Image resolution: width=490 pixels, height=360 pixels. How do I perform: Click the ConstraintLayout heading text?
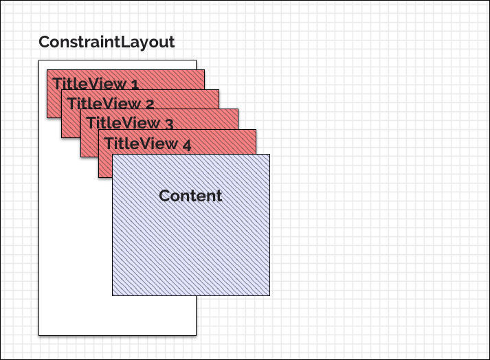(107, 43)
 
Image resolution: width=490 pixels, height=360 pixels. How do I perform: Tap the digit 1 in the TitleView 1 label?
(135, 85)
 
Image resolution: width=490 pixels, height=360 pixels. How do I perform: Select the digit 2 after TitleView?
(149, 104)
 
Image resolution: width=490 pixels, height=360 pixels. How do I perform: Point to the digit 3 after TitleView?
(168, 124)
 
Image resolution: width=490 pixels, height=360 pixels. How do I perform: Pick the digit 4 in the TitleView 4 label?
(186, 145)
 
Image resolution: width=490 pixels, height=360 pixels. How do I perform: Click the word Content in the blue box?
(190, 196)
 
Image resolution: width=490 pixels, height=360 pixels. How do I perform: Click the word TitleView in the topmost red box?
(89, 83)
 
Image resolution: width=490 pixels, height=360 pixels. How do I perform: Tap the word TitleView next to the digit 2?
(104, 104)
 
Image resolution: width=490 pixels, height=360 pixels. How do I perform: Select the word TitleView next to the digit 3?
(123, 123)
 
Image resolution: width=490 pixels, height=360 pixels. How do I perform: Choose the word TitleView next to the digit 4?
(141, 144)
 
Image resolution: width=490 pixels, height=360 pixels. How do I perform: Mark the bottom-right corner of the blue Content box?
(269, 295)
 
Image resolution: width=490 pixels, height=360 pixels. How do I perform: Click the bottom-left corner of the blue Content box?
(113, 295)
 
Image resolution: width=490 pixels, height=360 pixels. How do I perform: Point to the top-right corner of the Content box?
(269, 155)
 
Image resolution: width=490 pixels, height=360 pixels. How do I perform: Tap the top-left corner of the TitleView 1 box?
(47, 70)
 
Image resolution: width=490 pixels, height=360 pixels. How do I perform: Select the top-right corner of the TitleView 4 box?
(256, 130)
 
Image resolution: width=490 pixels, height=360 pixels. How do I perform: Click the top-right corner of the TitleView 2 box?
(219, 90)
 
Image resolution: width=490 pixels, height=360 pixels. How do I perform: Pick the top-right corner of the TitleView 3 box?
(238, 109)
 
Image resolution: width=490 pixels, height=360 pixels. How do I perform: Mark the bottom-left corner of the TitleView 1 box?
(47, 117)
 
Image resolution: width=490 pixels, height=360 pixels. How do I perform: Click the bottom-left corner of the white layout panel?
(39, 335)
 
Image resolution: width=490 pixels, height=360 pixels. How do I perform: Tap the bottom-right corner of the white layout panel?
(196, 335)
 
